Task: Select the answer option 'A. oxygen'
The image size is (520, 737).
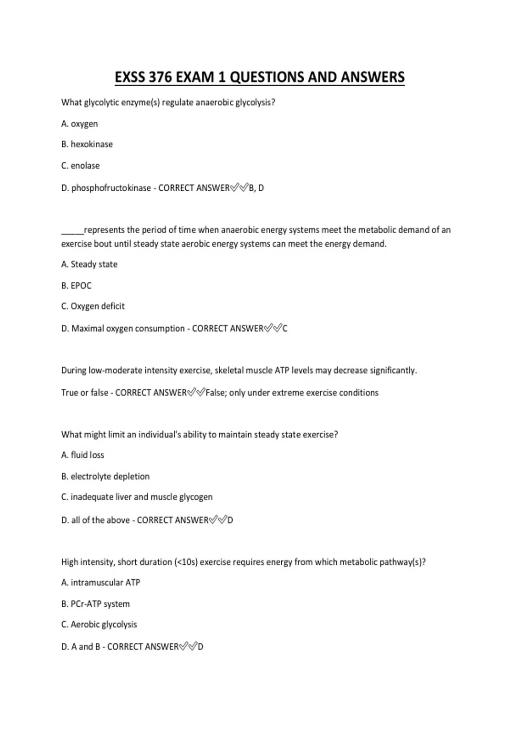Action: coord(80,124)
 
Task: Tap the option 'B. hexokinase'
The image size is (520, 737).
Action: coord(87,144)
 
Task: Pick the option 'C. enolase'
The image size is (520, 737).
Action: coord(81,166)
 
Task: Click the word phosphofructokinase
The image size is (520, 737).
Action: coord(111,188)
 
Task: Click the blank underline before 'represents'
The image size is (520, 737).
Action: coord(72,230)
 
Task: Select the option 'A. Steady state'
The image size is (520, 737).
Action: coord(89,264)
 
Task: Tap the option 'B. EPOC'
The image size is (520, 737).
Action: coord(77,286)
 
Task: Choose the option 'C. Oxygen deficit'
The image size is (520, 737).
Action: coord(93,306)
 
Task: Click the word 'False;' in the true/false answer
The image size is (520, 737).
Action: coord(216,393)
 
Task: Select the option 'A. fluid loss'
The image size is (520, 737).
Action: coord(83,455)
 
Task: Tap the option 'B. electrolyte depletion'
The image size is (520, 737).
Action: coord(105,476)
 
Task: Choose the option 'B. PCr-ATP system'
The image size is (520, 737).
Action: coord(95,604)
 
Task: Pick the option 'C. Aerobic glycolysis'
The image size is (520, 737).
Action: coord(99,625)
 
